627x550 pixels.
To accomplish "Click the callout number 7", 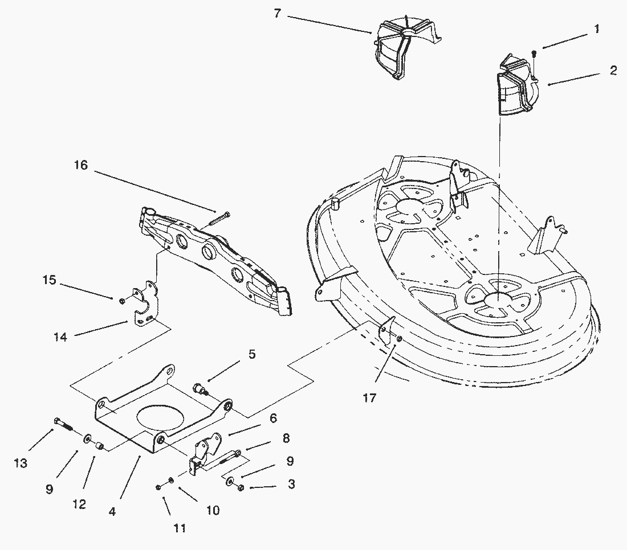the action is point(278,13).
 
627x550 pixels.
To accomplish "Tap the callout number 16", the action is point(81,165).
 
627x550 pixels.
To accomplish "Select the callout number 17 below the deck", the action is point(369,398).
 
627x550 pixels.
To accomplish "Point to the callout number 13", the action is point(21,463).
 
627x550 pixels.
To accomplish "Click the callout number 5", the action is point(252,354).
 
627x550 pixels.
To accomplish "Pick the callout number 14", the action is point(60,337).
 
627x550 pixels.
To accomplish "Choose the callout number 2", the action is point(613,70).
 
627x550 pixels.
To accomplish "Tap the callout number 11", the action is point(180,528).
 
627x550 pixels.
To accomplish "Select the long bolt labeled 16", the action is point(219,219).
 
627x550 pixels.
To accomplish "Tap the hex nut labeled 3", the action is point(241,488).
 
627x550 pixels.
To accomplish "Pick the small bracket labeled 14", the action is point(142,303).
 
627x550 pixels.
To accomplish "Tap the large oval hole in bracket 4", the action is point(160,419).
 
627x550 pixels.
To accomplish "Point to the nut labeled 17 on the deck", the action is point(398,339).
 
